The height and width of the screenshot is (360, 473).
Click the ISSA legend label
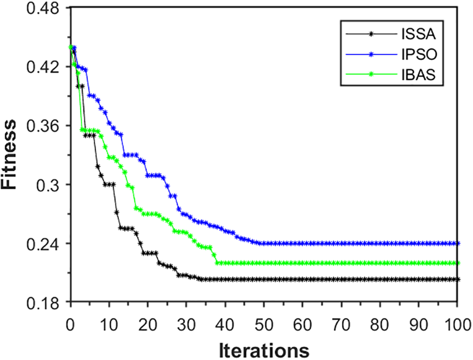[x=418, y=35]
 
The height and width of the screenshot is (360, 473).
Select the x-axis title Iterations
[x=264, y=348]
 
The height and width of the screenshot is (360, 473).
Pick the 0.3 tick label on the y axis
[x=50, y=185]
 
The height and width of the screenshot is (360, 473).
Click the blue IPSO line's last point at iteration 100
[x=457, y=243]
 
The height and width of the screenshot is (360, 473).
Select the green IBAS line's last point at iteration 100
[x=457, y=263]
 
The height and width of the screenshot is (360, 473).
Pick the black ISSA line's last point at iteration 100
[x=457, y=279]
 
